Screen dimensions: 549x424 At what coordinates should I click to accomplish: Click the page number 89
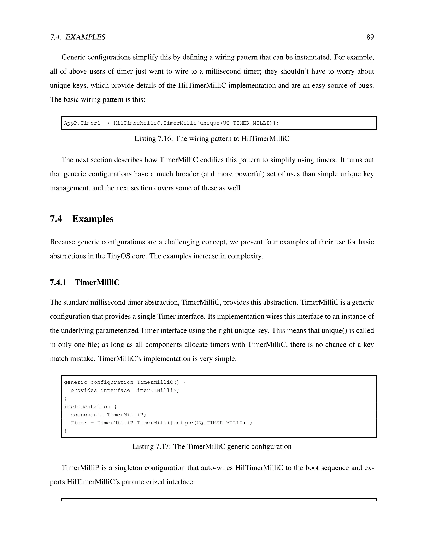pyautogui.click(x=370, y=37)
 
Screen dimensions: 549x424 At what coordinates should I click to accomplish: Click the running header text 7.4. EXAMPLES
pyautogui.click(x=78, y=37)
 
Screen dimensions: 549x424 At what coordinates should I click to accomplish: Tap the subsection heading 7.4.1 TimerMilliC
pyautogui.click(x=85, y=283)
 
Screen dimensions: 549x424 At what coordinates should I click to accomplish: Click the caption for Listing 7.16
pyautogui.click(x=212, y=139)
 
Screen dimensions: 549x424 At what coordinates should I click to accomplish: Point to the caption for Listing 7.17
pyautogui.click(x=212, y=446)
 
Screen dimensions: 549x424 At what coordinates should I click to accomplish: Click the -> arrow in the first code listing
pyautogui.click(x=107, y=123)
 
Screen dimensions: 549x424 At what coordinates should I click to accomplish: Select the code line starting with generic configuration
pyautogui.click(x=125, y=382)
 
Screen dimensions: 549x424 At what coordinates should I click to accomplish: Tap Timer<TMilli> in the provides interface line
pyautogui.click(x=156, y=390)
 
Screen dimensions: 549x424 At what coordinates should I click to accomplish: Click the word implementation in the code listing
pyautogui.click(x=87, y=407)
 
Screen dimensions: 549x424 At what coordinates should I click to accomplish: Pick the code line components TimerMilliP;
pyautogui.click(x=108, y=415)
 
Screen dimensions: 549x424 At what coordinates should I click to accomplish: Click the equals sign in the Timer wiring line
pyautogui.click(x=92, y=423)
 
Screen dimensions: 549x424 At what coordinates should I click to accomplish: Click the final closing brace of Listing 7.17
pyautogui.click(x=66, y=431)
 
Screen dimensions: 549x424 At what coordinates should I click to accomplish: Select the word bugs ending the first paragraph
pyautogui.click(x=366, y=86)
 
